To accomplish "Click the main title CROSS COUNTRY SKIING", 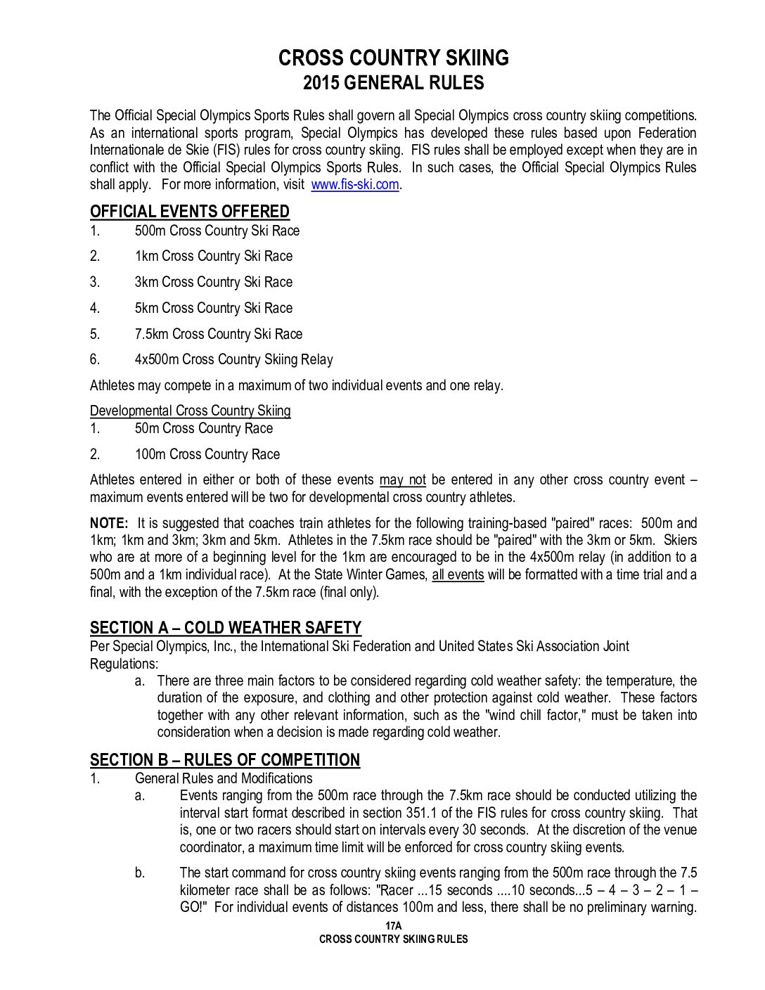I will (393, 58).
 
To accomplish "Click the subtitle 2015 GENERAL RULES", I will (393, 83).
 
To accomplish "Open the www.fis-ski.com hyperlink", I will (354, 185).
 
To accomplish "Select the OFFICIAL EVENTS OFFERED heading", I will (189, 212).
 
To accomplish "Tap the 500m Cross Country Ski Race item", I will (217, 231).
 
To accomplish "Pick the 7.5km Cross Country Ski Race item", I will (218, 334).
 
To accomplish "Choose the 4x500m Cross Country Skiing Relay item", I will (233, 360).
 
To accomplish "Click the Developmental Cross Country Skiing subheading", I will (190, 411).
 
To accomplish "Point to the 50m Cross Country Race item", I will (203, 429).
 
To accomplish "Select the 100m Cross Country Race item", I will (207, 455).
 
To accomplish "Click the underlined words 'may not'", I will (402, 480).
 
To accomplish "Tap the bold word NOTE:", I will (109, 523).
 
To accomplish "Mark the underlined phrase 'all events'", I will (458, 575).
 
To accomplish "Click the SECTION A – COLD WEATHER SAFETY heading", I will (225, 628).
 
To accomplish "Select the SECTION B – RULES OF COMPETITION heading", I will (224, 760).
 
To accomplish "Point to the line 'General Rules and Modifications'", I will (224, 778).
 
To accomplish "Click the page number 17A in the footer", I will (393, 926).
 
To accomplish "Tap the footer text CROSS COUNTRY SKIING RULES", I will (393, 939).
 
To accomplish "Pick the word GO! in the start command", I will (191, 908).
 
